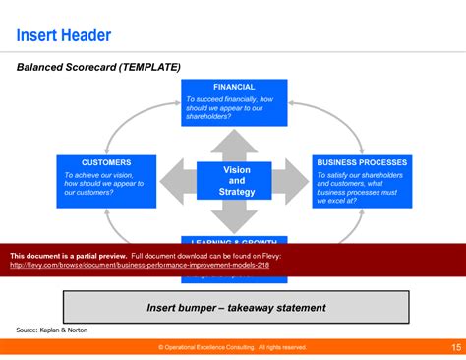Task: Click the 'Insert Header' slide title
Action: click(x=64, y=36)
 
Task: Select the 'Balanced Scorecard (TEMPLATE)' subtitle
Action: click(x=98, y=68)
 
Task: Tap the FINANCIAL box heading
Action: click(x=234, y=87)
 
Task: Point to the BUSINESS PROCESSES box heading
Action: click(x=361, y=162)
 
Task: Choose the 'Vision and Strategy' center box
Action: click(x=236, y=180)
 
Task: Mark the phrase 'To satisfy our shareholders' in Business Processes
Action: click(x=359, y=175)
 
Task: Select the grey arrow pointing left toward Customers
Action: click(x=176, y=181)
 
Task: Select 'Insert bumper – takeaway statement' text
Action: click(x=235, y=308)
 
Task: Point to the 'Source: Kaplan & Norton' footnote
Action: click(x=51, y=330)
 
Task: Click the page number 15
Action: click(x=456, y=347)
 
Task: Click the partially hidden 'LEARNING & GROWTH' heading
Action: click(x=234, y=239)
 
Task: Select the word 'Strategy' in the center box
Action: click(x=236, y=192)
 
